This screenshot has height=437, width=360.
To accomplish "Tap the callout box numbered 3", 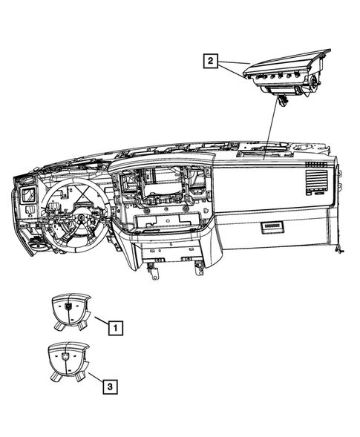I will tap(109, 386).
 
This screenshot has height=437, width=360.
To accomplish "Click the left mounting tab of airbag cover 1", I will tap(57, 323).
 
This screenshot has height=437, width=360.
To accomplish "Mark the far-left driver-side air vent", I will tap(28, 195).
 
